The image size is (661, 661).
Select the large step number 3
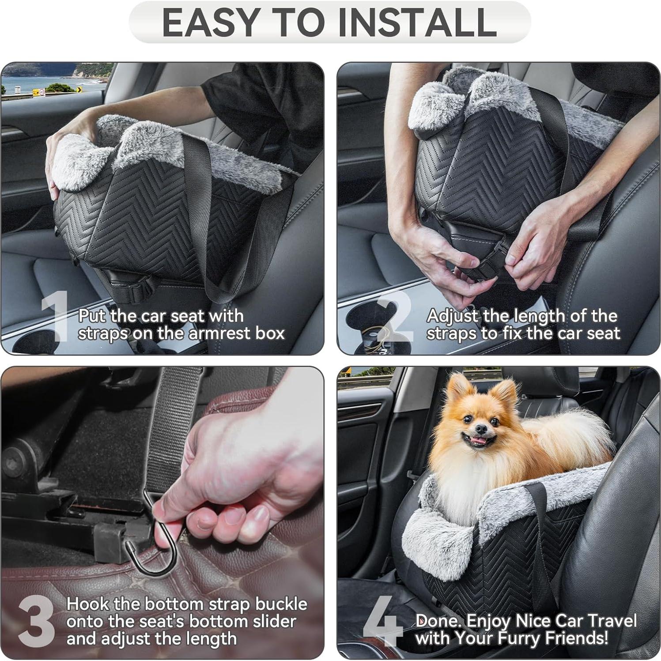coord(36,621)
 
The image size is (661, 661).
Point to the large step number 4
coord(382,621)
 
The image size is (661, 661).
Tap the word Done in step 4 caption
coord(438,620)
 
